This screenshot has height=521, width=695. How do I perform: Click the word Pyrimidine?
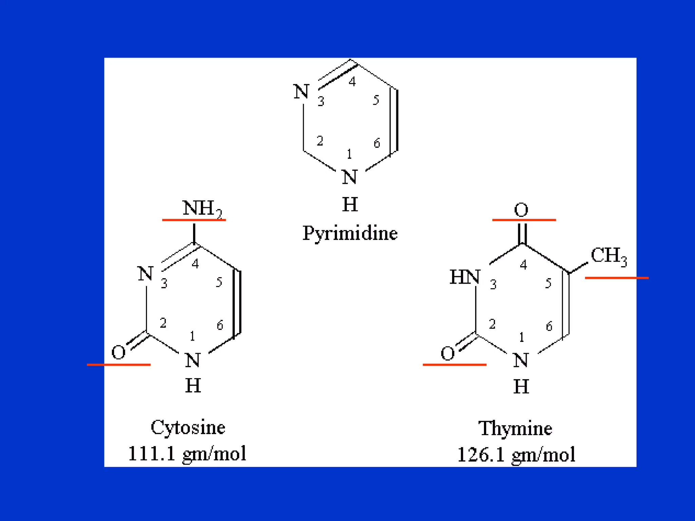click(x=350, y=233)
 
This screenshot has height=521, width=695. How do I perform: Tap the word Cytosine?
click(x=188, y=427)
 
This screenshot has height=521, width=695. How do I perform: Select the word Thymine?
click(x=515, y=428)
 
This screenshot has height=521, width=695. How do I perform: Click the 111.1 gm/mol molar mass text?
click(x=187, y=454)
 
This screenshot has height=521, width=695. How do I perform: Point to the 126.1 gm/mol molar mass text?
click(x=516, y=455)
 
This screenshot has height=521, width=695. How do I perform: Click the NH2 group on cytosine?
click(x=202, y=208)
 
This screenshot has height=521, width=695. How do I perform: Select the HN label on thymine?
click(x=465, y=277)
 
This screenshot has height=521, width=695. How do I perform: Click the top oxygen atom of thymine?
click(x=521, y=210)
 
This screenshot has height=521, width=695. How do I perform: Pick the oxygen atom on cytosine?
click(x=118, y=352)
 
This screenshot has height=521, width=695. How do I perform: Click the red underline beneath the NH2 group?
click(x=194, y=220)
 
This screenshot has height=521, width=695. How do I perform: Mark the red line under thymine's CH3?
click(x=617, y=278)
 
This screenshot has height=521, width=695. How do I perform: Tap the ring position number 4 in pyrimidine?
click(x=352, y=81)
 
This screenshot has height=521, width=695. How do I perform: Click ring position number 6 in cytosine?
click(x=220, y=325)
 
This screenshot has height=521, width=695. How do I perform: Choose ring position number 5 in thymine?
click(x=548, y=283)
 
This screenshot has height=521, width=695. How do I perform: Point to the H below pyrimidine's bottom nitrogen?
click(x=350, y=204)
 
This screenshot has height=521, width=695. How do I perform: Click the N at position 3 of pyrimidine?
click(x=301, y=92)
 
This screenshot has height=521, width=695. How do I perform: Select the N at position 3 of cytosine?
click(x=146, y=273)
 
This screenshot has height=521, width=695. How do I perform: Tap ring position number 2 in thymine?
click(x=492, y=324)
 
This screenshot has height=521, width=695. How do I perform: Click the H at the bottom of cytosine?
click(x=193, y=386)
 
